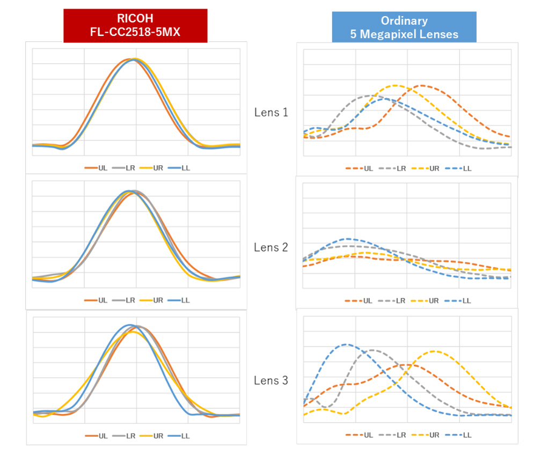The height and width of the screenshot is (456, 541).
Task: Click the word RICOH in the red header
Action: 135,20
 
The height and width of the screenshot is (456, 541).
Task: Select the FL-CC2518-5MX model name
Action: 135,33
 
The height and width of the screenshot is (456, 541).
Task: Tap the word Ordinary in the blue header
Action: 404,21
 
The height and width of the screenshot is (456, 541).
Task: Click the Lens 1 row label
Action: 271,113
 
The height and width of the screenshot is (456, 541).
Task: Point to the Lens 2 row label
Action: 271,247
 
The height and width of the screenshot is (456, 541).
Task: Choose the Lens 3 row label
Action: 271,381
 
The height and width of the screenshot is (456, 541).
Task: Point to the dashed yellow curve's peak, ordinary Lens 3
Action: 434,351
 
